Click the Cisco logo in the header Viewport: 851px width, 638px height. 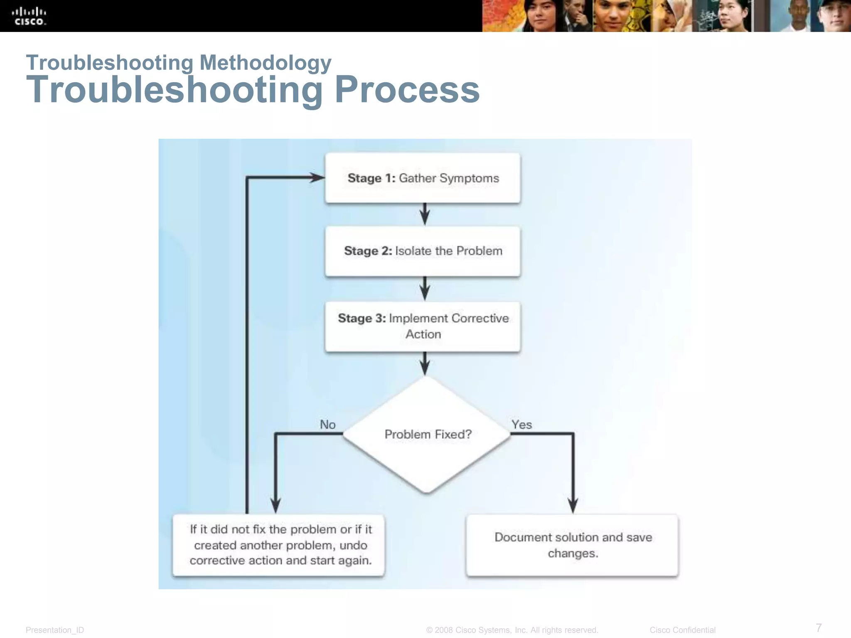pyautogui.click(x=29, y=17)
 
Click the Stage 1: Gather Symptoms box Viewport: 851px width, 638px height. pyautogui.click(x=423, y=178)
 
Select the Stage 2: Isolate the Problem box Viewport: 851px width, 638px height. pyautogui.click(x=423, y=251)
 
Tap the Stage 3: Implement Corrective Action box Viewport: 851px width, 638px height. pyautogui.click(x=423, y=326)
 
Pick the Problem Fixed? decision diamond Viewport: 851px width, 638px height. pyautogui.click(x=427, y=434)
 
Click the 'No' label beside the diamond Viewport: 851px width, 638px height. pyautogui.click(x=327, y=425)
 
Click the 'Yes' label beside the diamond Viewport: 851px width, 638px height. pyautogui.click(x=521, y=425)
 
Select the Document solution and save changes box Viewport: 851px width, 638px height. pyautogui.click(x=572, y=545)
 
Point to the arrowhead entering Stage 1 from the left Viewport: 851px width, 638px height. pyautogui.click(x=317, y=178)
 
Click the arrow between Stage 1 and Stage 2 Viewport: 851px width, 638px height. pyautogui.click(x=424, y=215)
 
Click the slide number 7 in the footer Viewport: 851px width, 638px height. pyautogui.click(x=819, y=627)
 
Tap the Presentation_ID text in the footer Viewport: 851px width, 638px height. pyautogui.click(x=55, y=630)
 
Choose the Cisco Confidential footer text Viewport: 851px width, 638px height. pyautogui.click(x=682, y=630)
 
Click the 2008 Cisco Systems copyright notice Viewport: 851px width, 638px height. pyautogui.click(x=512, y=630)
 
